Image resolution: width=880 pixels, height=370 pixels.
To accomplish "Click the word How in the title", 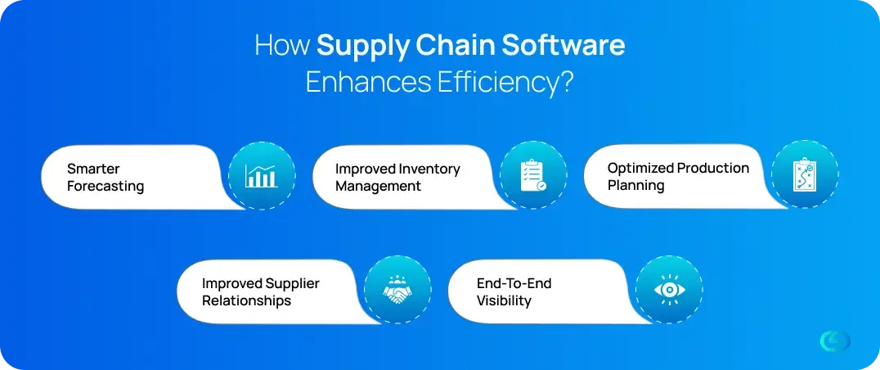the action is pos(282,46).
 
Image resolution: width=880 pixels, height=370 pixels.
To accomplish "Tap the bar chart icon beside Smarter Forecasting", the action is pos(262,176).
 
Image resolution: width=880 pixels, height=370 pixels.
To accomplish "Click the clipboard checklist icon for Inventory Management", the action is pos(533,176).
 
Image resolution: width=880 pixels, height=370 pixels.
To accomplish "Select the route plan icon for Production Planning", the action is pos(805,174).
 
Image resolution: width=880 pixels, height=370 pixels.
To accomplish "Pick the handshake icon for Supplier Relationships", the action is pos(397,289).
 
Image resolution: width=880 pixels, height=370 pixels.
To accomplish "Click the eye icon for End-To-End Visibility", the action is pos(669,290).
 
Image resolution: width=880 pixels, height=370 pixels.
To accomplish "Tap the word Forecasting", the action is pos(106,187).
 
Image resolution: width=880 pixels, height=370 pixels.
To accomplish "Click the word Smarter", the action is pos(94,169).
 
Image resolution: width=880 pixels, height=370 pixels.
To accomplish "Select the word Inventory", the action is pos(430,169).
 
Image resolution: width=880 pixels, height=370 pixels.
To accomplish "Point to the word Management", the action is pos(379,186).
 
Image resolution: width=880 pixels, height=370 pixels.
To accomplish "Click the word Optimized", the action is pos(640,169).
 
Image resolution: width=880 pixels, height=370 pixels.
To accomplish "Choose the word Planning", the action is pos(635,185).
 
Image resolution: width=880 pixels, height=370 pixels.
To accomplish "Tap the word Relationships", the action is pos(246,300).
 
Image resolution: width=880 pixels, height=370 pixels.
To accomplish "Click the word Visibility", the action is pos(504,300).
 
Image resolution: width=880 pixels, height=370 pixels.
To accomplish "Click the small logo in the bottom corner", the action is pos(834,341).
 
